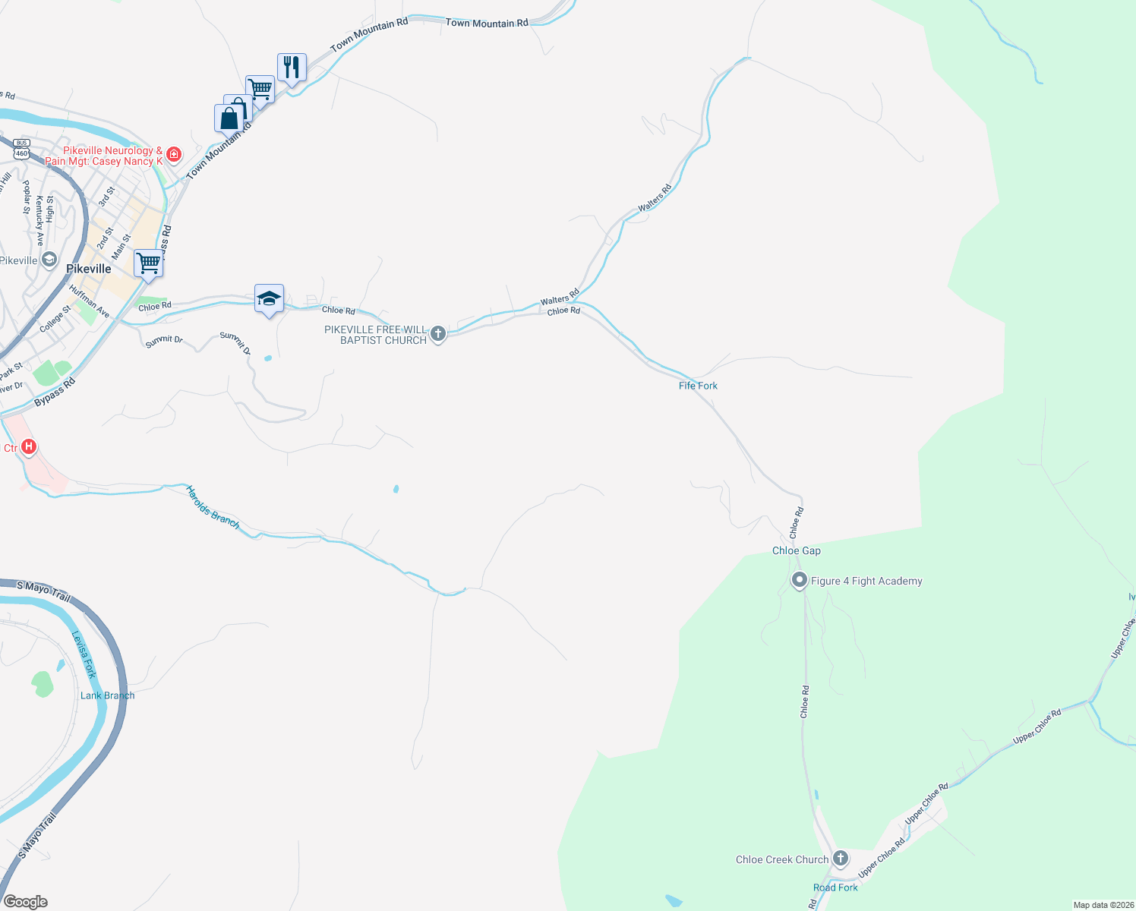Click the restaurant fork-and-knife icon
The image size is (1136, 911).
[x=292, y=68]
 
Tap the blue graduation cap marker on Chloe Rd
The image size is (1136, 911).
[x=269, y=298]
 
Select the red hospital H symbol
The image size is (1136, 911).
[x=29, y=446]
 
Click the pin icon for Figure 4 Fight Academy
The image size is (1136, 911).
[x=799, y=581]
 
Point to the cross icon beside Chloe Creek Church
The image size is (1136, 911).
[x=840, y=859]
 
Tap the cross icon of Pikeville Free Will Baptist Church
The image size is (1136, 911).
[x=438, y=333]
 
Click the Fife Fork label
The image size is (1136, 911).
[x=698, y=386]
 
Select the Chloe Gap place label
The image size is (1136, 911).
[x=796, y=550]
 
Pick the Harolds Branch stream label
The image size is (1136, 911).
[x=213, y=507]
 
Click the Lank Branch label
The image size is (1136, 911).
[x=107, y=695]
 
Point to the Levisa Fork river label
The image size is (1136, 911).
[x=84, y=654]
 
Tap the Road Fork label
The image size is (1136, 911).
[x=835, y=887]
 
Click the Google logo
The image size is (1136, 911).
[x=26, y=902]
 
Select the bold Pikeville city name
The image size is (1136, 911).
[x=88, y=269]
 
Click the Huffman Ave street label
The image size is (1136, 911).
[x=90, y=301]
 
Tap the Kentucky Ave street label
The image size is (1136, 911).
[x=39, y=220]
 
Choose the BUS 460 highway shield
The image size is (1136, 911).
[x=21, y=149]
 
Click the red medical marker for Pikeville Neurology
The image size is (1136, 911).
[x=174, y=155]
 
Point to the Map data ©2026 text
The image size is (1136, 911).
[x=1102, y=905]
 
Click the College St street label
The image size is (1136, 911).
[x=55, y=318]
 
